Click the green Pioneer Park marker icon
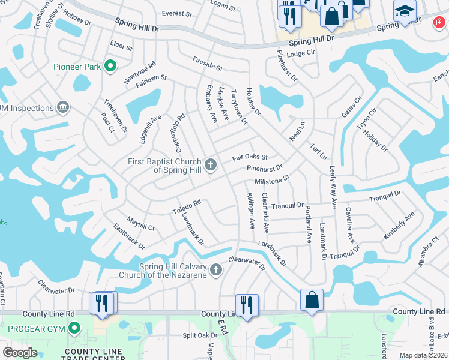point(110,67)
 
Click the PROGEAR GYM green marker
point(74,328)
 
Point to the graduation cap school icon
point(405,12)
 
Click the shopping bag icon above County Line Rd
point(312,301)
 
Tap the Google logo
point(20,353)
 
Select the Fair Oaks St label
point(250,158)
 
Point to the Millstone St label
point(272,179)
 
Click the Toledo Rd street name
point(187,207)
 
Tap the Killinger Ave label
point(251,211)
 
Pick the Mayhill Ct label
point(140,223)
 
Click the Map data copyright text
point(424,355)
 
